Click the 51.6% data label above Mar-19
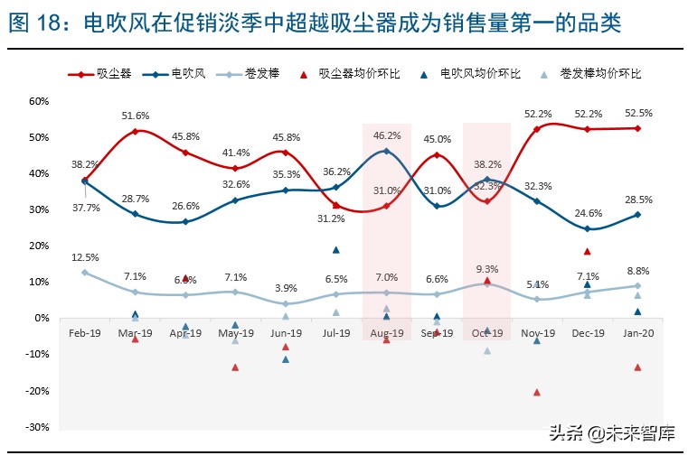pyautogui.click(x=136, y=116)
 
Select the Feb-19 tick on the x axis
pyautogui.click(x=85, y=333)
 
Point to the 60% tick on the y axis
pyautogui.click(x=40, y=101)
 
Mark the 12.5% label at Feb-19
pyautogui.click(x=85, y=256)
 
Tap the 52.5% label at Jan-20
pyautogui.click(x=637, y=113)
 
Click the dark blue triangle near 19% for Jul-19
pyautogui.click(x=336, y=250)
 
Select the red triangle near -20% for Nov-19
pyautogui.click(x=537, y=392)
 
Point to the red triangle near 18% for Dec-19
pyautogui.click(x=587, y=252)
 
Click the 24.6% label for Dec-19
pyautogui.click(x=587, y=213)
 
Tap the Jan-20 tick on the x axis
pyautogui.click(x=637, y=333)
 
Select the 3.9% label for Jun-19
pyautogui.click(x=287, y=288)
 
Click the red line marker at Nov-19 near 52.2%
pyautogui.click(x=537, y=129)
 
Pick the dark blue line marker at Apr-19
pyautogui.click(x=185, y=221)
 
